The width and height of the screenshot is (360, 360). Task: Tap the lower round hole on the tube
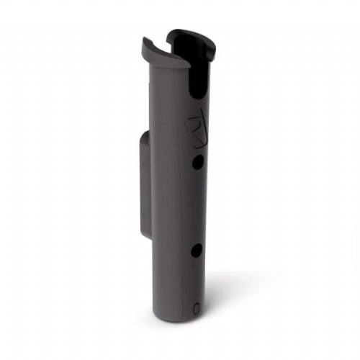(x=197, y=251)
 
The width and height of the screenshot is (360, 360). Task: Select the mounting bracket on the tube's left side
(x=144, y=184)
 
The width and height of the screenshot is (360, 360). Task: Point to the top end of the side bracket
(x=145, y=136)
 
